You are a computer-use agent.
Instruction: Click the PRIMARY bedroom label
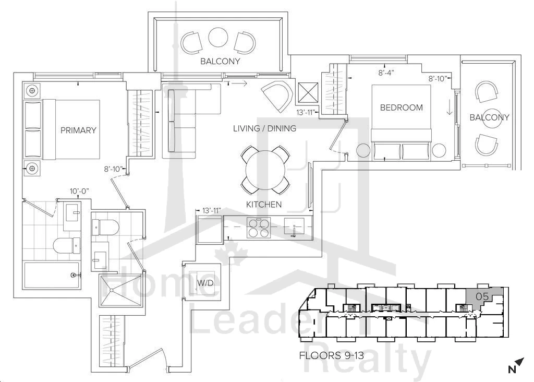[78, 130]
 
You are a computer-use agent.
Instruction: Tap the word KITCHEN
[264, 205]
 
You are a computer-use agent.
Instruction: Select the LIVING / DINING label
[264, 128]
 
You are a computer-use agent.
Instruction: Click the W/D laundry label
[205, 283]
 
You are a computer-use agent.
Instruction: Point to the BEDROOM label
[402, 108]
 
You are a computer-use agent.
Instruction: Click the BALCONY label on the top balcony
[220, 62]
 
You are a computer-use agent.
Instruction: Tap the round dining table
[265, 170]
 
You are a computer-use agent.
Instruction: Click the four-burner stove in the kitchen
[259, 228]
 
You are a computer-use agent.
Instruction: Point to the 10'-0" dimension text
[79, 191]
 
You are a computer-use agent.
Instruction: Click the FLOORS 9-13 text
[331, 356]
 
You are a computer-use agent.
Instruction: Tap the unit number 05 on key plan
[482, 296]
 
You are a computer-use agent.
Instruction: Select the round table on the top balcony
[218, 37]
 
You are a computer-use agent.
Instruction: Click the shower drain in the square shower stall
[112, 290]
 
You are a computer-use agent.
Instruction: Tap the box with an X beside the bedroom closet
[308, 93]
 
